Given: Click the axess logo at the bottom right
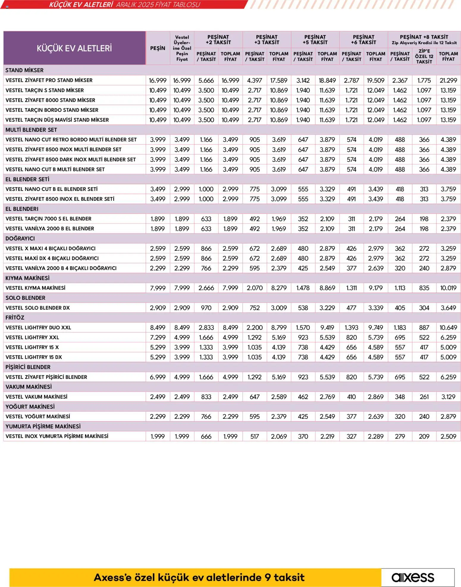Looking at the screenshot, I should (x=413, y=577).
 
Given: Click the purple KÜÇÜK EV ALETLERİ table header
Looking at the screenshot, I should (x=74, y=48).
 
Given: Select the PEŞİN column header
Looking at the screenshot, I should (x=158, y=48).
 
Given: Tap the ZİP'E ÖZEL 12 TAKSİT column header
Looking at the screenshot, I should (x=424, y=56).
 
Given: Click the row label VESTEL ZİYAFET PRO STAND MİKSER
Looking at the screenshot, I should (x=49, y=80).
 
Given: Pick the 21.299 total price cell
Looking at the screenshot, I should (x=448, y=80).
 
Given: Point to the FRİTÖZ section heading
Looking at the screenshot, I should (x=15, y=317).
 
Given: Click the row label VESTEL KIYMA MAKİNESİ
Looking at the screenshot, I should (x=35, y=288).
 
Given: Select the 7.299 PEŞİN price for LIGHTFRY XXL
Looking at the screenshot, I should (x=158, y=337).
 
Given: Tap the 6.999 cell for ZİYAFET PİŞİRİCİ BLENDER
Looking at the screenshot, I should (x=158, y=377).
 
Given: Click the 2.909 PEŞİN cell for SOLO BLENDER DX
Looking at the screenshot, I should (x=158, y=308).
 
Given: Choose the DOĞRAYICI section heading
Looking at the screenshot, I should (x=20, y=239).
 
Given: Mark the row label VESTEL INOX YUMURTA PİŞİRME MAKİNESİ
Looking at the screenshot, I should (x=57, y=436).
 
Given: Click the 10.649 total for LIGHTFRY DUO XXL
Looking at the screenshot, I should (x=448, y=328).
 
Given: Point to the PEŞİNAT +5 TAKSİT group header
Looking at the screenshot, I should (x=315, y=40).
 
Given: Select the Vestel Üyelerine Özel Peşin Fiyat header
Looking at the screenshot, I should (x=182, y=48).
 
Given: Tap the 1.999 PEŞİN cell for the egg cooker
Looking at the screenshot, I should (x=158, y=436).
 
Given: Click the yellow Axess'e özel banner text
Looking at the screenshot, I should (x=199, y=577).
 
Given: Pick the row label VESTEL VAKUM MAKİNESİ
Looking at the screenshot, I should (x=36, y=397).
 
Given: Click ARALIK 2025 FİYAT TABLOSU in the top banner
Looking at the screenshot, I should (x=158, y=5).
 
